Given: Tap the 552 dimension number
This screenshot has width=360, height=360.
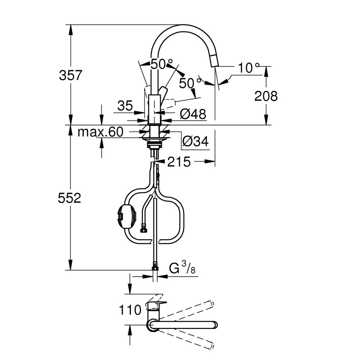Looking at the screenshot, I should pyautogui.click(x=70, y=198).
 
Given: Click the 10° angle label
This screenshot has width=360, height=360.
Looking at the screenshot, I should pyautogui.click(x=249, y=68).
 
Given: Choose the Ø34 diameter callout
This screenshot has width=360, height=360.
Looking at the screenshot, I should pyautogui.click(x=195, y=142).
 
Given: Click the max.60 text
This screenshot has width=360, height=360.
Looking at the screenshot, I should pyautogui.click(x=100, y=132).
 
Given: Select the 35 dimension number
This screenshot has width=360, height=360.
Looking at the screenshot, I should pyautogui.click(x=126, y=106).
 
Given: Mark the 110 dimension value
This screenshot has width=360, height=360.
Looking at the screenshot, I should pyautogui.click(x=130, y=310).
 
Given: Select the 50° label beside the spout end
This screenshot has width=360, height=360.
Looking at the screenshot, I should pyautogui.click(x=190, y=83).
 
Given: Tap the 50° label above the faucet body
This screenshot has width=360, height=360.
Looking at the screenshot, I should pyautogui.click(x=162, y=64).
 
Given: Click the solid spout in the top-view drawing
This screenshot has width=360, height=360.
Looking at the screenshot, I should pyautogui.click(x=184, y=324).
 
